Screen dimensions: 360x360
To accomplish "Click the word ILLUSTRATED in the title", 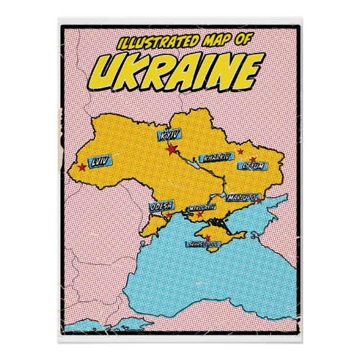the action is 155,43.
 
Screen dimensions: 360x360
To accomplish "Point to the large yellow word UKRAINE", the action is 178,69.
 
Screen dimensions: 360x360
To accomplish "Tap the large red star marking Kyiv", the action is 173,148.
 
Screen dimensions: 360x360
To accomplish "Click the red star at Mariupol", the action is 258,201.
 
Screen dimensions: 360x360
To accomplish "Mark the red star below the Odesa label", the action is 168,217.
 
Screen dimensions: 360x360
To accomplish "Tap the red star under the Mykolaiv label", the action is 199,215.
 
